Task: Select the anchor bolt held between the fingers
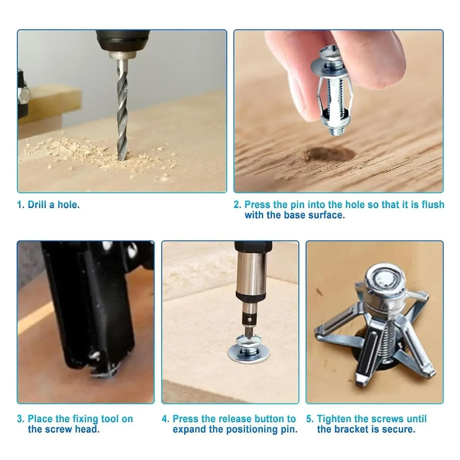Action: point(333,92)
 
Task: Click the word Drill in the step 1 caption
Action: point(37,205)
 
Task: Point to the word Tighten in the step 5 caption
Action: point(334,419)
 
